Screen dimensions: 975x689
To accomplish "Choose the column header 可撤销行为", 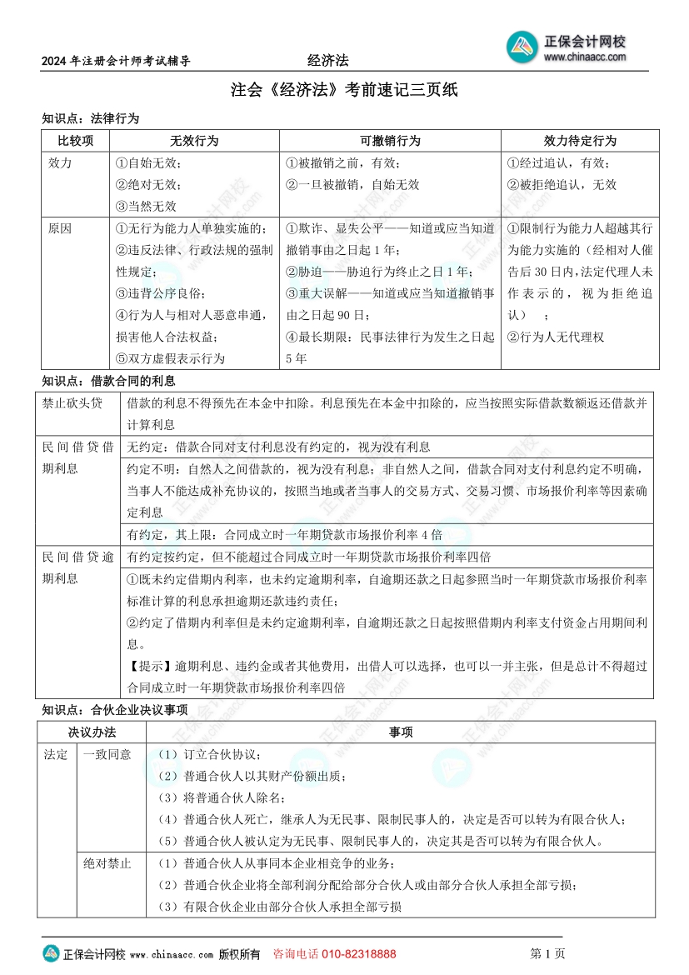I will [390, 141].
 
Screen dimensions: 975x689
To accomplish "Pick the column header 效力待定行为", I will [580, 141].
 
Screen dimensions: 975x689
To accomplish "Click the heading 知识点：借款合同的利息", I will [108, 381].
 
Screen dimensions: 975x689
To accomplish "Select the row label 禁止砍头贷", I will [72, 403].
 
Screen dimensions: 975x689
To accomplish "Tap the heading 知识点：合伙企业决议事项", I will [114, 709].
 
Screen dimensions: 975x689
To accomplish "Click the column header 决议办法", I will [92, 732].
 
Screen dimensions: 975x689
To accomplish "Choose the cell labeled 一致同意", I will [107, 754].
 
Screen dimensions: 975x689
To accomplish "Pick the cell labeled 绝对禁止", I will [107, 863].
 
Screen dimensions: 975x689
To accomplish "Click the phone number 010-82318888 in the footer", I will [358, 953].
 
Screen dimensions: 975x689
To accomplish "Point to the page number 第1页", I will [547, 953].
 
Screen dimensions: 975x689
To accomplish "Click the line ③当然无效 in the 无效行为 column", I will [146, 206].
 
